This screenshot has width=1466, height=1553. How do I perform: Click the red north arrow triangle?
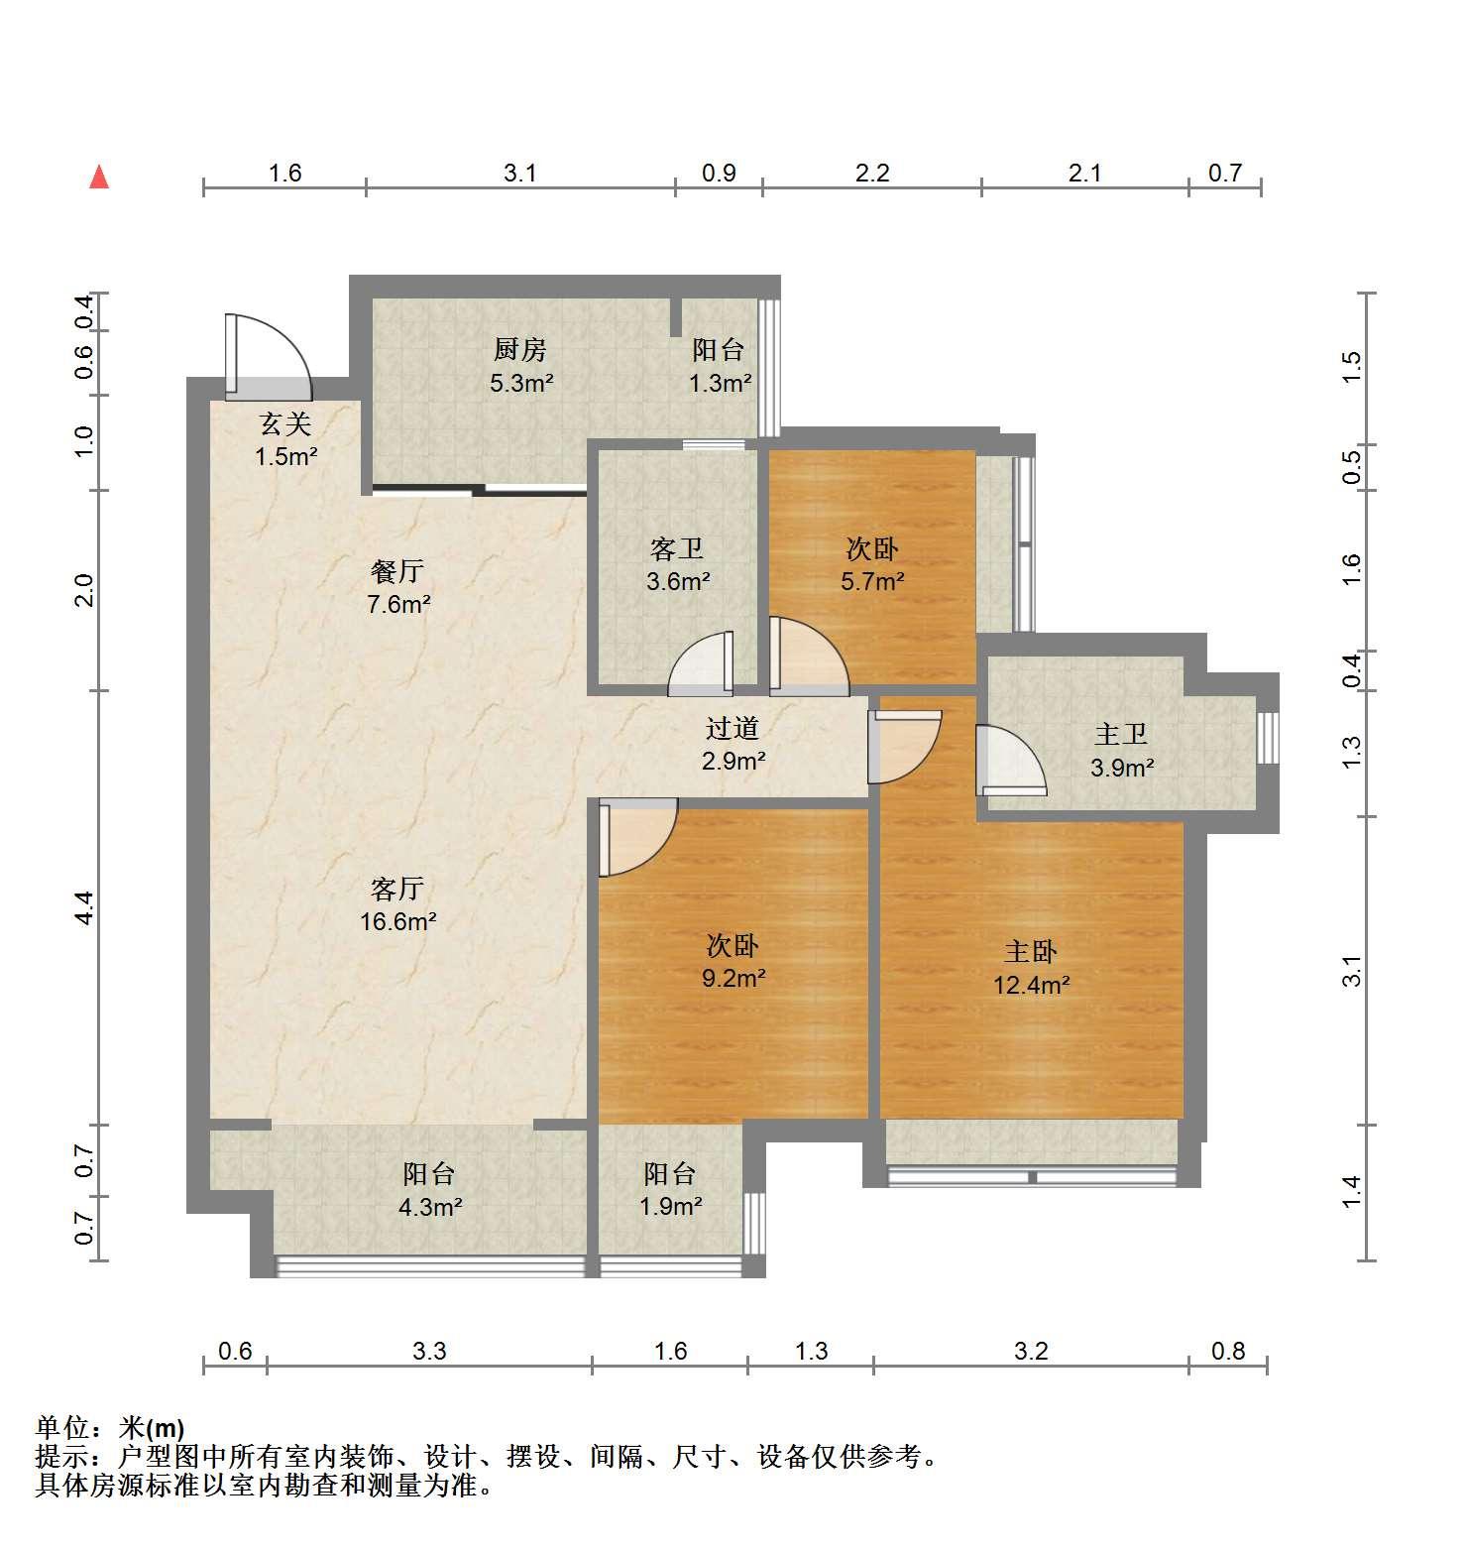pos(99,177)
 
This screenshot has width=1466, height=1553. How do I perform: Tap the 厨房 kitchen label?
pos(520,349)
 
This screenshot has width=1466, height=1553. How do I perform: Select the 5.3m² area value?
pos(521,383)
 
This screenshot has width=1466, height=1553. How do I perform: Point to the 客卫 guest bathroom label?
pos(677,548)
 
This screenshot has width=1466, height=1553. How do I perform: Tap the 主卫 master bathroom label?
pos(1121,734)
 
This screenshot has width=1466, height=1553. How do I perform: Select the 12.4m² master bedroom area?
pos(1031,986)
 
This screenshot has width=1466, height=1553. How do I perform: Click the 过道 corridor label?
pos(733,728)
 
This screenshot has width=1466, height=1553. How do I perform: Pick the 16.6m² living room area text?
pos(397,922)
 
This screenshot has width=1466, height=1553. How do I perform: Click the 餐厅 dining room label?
pos(397,571)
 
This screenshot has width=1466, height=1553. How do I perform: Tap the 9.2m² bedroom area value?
pos(733,979)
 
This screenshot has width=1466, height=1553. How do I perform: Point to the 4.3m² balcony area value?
pos(429,1207)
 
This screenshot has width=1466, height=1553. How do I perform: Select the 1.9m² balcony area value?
pos(670,1207)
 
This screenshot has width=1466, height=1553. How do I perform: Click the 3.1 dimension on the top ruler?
pos(519,174)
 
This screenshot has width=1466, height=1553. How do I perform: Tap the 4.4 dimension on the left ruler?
pos(85,907)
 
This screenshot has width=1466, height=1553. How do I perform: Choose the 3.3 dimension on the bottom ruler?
pos(430,1351)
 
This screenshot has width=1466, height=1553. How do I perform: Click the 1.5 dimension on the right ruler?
pos(1352,368)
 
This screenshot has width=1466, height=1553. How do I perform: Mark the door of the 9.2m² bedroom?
pos(637,838)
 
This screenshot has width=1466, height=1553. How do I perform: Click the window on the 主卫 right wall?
pos(1268,738)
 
